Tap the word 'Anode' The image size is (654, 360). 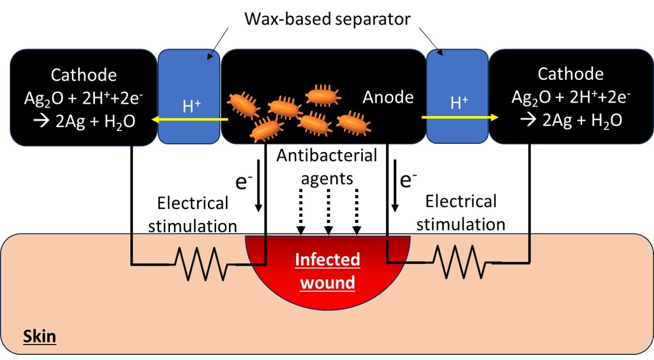(388, 97)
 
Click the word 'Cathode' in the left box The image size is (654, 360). (84, 75)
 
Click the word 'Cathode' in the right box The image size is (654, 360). (570, 74)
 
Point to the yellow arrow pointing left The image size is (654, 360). (189, 120)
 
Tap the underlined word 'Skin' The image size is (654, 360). (39, 338)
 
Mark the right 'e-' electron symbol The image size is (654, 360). (409, 180)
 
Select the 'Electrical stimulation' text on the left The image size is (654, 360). (192, 214)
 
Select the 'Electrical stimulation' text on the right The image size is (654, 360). (461, 212)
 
